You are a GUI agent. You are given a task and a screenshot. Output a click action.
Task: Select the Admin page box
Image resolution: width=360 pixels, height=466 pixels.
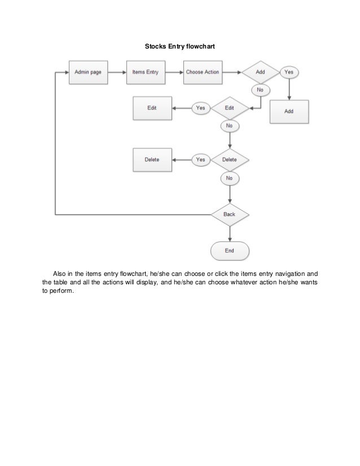(x=87, y=72)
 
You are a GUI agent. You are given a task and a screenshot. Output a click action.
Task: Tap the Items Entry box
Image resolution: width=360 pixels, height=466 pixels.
(x=145, y=72)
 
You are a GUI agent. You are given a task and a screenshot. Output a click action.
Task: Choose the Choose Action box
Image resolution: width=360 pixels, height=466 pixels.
(x=202, y=72)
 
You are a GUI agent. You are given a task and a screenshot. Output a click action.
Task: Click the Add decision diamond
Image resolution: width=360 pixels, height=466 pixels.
(x=260, y=72)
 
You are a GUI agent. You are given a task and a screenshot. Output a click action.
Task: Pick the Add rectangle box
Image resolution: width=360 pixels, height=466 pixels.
(x=289, y=111)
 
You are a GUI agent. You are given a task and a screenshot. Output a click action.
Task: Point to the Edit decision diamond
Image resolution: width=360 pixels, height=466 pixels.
(x=230, y=107)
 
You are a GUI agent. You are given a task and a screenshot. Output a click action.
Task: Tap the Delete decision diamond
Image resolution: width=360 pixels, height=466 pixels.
(x=230, y=160)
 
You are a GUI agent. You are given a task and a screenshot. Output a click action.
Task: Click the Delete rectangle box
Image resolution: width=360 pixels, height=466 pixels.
(x=152, y=160)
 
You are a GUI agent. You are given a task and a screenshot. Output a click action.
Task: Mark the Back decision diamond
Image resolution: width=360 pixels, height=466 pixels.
(x=230, y=214)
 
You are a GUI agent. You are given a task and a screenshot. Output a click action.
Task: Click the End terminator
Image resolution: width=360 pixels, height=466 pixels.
(x=229, y=250)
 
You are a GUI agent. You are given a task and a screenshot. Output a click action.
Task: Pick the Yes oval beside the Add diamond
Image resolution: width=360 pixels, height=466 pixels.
(x=289, y=72)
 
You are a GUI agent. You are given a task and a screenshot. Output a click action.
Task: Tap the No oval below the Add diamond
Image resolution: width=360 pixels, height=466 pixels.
(x=260, y=89)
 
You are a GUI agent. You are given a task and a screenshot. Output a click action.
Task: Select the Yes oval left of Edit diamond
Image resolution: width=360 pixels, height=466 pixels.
(x=200, y=107)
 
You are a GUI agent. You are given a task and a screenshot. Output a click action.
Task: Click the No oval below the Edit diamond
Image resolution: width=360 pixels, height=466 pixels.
(x=230, y=126)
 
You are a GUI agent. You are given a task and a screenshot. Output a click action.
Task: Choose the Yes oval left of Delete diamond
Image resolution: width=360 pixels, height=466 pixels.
(x=200, y=160)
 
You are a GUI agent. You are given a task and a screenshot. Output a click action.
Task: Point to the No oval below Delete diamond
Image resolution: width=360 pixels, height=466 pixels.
(x=230, y=178)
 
